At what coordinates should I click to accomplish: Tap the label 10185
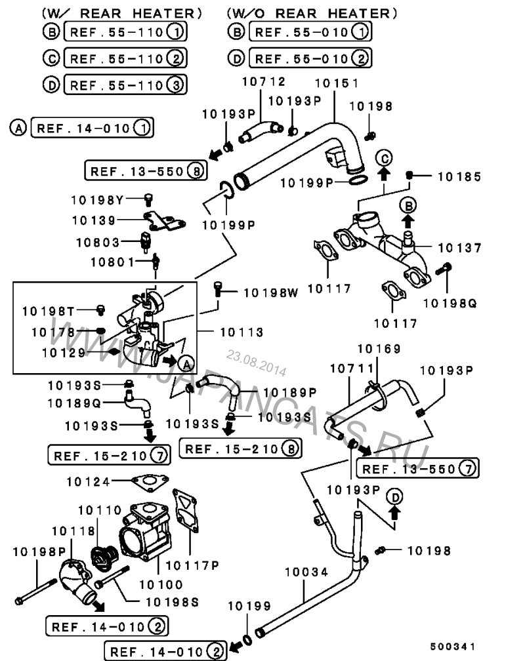click(459, 176)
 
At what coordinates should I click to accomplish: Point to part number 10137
click(459, 249)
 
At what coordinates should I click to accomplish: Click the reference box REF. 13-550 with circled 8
click(145, 171)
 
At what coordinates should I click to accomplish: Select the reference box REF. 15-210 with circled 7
click(107, 453)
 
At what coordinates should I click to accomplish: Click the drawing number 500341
click(453, 647)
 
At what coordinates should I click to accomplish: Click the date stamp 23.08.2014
click(257, 362)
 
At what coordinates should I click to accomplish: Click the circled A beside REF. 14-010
click(19, 128)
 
